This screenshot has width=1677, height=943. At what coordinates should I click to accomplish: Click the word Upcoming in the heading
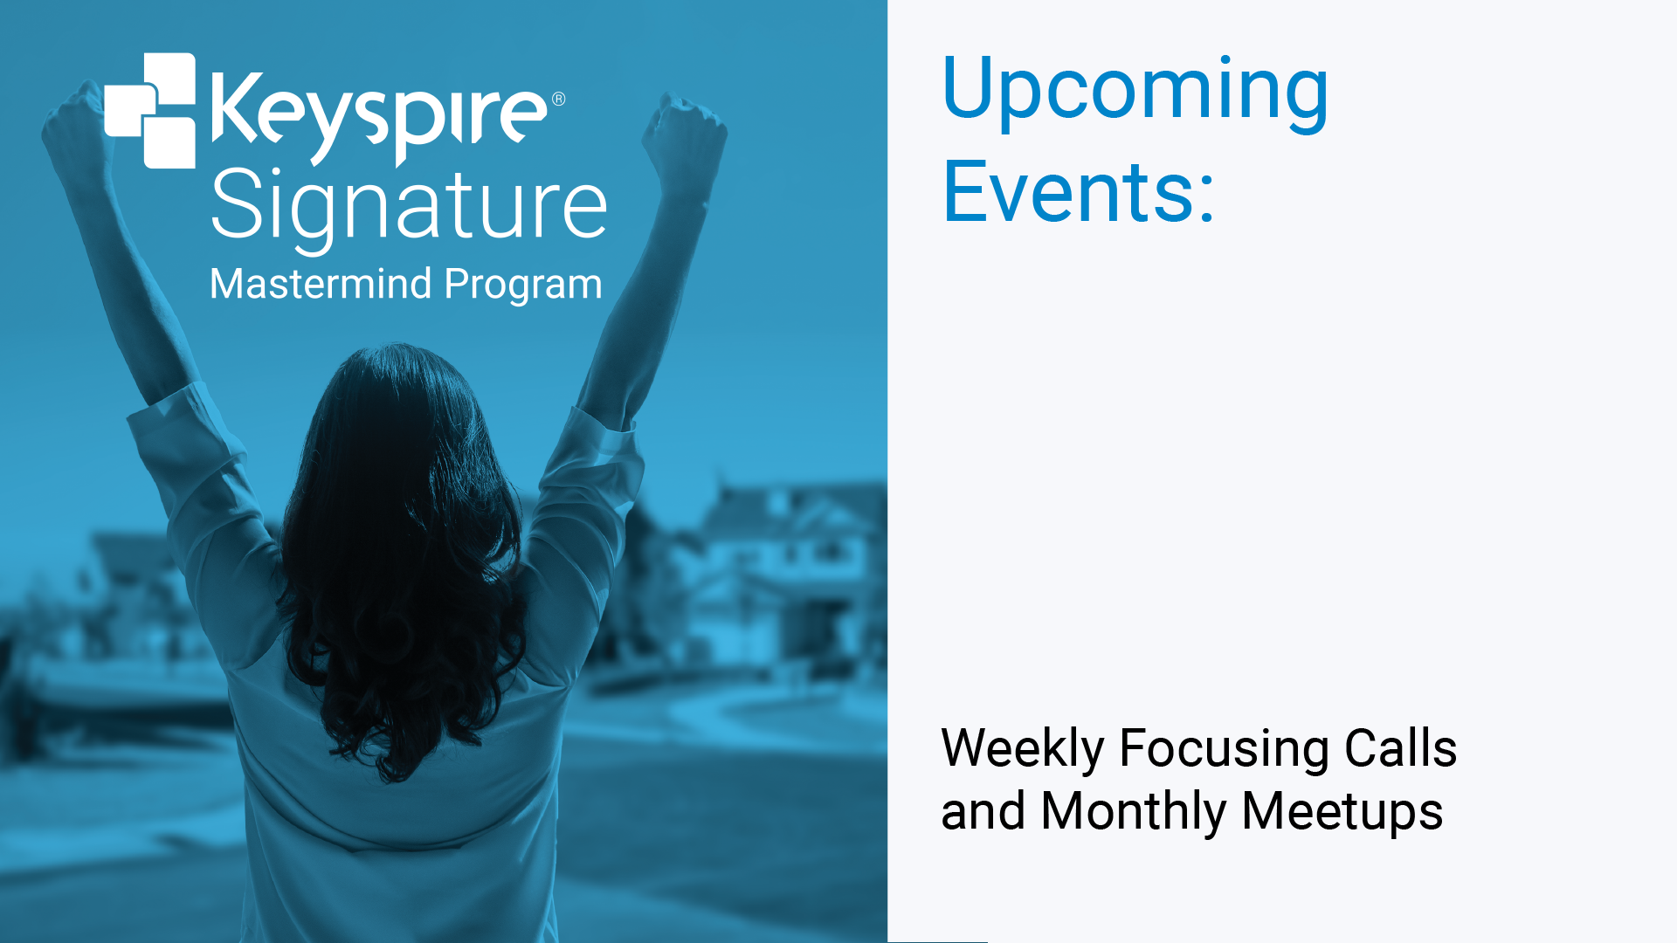[x=1135, y=91]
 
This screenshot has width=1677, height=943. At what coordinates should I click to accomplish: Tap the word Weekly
[x=1023, y=749]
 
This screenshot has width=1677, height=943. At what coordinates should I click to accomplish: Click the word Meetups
[x=1342, y=812]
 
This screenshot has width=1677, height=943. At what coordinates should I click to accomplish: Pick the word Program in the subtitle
[x=523, y=286]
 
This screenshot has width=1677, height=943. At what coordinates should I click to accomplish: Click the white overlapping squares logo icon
[x=150, y=111]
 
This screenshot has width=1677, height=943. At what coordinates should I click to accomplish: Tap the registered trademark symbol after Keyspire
[x=559, y=99]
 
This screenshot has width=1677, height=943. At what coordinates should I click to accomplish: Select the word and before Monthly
[x=983, y=811]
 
